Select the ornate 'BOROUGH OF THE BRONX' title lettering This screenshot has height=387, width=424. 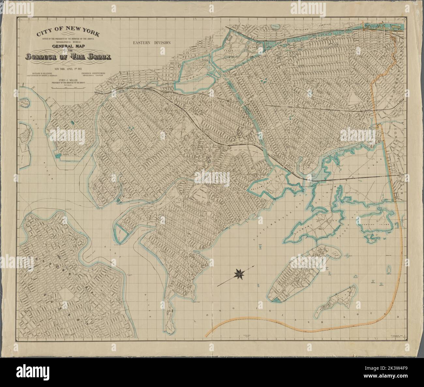(x=69, y=57)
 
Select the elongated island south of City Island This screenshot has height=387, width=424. (x=337, y=298)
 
